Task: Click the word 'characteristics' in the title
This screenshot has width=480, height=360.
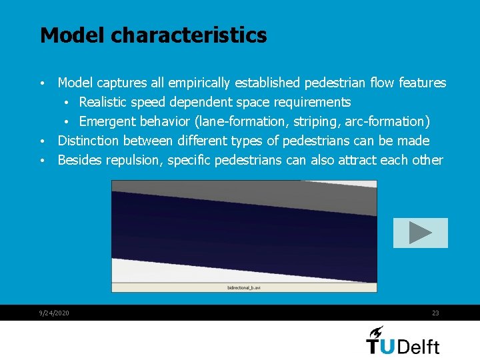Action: pos(189,35)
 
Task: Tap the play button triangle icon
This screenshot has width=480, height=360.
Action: pos(420,233)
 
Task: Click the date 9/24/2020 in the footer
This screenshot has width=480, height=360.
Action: pos(55,313)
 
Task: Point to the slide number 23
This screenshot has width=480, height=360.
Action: pos(435,313)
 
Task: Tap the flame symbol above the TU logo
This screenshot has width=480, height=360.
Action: pos(377,331)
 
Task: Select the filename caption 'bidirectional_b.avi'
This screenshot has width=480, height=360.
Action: pos(243,288)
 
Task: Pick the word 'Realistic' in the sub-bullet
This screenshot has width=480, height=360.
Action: pos(106,102)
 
